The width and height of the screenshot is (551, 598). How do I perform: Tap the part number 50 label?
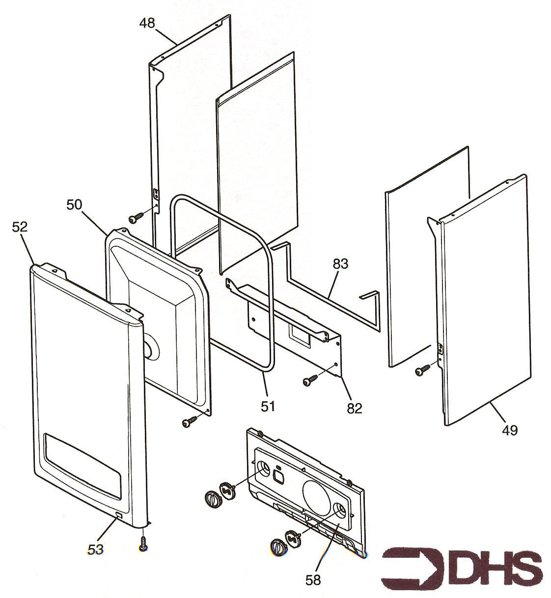[75, 205]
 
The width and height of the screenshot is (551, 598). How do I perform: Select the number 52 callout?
[20, 227]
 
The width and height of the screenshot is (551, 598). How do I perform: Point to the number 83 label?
[340, 264]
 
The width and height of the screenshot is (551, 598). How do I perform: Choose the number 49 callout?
[509, 430]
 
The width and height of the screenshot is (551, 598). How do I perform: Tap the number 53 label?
[95, 549]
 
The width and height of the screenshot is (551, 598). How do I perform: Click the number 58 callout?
[313, 579]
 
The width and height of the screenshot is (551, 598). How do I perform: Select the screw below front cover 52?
[143, 544]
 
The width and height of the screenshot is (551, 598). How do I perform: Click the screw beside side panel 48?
[136, 216]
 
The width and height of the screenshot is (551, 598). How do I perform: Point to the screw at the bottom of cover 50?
[189, 421]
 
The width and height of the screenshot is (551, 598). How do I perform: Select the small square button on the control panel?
[277, 476]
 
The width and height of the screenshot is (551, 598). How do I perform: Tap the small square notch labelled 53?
[119, 515]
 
